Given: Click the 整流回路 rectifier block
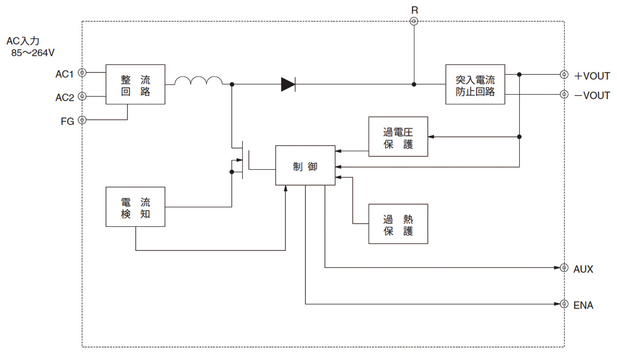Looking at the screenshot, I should pos(135,84).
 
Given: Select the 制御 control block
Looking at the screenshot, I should pos(305,165).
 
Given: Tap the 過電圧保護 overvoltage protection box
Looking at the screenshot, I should pos(398,136).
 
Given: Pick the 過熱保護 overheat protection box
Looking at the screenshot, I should pos(398,224).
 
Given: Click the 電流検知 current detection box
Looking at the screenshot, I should pos(135,207).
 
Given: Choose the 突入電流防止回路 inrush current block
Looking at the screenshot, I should pos(475,84).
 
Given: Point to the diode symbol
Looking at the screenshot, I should pos(288,84).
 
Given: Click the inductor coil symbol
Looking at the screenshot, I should pos(198,81).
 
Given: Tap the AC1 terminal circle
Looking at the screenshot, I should pos(81,73).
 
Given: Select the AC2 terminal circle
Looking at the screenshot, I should pos(81,96).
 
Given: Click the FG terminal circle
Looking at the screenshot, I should pos(81,120).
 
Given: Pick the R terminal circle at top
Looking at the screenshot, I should pos(414,21).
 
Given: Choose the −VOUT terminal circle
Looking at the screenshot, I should pos(564,94).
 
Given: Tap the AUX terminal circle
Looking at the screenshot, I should pos(564,268).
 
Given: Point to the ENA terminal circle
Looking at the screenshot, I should pos(564,304).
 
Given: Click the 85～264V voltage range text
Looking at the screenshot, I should pos(33,52).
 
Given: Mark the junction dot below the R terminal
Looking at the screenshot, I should pos(414,84).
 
